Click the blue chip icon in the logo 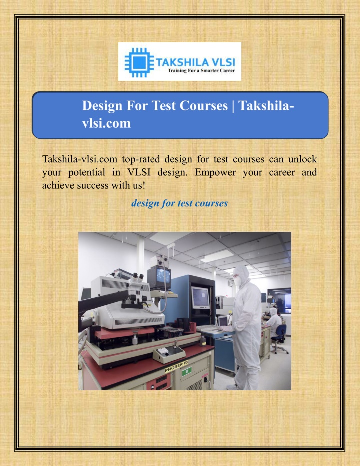coord(139,62)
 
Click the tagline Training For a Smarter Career coord(201,71)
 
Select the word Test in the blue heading coord(164,106)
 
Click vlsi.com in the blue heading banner coord(106,123)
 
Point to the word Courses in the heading coord(204,106)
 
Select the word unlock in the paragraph coord(302,159)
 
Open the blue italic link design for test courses coord(179,203)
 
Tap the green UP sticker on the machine coord(187,371)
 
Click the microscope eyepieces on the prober coord(137,278)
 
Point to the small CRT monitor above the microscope coord(159,277)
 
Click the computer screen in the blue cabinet coord(200,297)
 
